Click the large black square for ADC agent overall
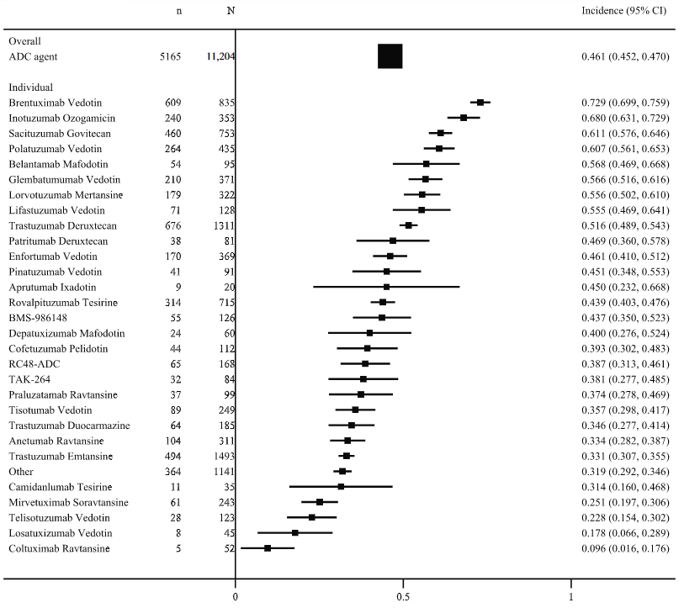390,56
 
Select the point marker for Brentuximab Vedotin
480,102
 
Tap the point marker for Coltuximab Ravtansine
268,548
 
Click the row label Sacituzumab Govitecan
59,134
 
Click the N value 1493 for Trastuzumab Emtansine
225,456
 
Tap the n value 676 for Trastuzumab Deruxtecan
173,226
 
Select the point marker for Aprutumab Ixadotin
386,287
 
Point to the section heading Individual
31,87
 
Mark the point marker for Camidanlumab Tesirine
341,486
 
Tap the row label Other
22,471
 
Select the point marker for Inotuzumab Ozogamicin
464,118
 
